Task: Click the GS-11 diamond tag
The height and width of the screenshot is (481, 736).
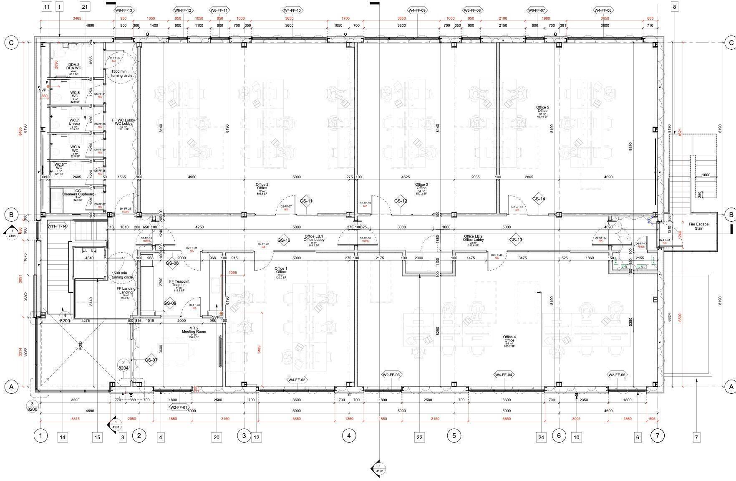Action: click(x=306, y=201)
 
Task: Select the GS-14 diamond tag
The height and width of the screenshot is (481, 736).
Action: click(x=539, y=199)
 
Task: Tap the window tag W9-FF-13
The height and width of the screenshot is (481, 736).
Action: click(x=124, y=10)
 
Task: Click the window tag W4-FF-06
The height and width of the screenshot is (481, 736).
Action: click(x=602, y=10)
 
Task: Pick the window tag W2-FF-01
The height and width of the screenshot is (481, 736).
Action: click(x=179, y=407)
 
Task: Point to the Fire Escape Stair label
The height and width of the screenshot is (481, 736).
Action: click(x=698, y=226)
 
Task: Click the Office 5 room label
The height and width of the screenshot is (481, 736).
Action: click(x=542, y=109)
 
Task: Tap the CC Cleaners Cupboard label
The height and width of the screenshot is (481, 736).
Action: click(x=78, y=193)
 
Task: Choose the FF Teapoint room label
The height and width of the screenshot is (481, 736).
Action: click(x=179, y=284)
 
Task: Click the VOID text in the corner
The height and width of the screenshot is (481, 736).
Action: click(x=80, y=346)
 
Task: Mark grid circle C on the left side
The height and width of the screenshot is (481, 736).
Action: click(x=11, y=42)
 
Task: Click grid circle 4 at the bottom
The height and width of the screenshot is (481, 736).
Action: click(x=349, y=436)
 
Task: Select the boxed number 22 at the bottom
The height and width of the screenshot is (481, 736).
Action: click(x=419, y=438)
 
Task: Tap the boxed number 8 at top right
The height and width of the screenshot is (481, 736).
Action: click(x=674, y=7)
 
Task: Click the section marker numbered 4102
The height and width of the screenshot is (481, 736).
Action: click(x=379, y=468)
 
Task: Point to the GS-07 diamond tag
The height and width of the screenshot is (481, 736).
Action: click(x=151, y=360)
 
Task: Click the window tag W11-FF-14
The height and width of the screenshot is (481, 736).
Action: click(x=57, y=226)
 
